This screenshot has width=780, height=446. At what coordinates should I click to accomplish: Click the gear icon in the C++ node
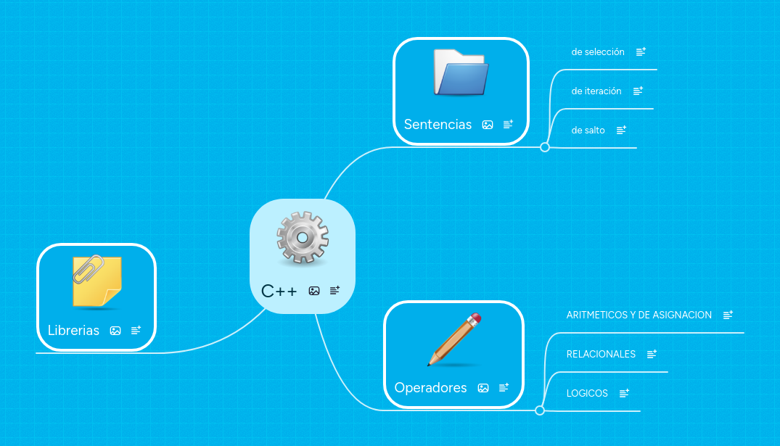pos(303,238)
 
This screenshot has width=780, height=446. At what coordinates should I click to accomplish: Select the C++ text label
pos(279,291)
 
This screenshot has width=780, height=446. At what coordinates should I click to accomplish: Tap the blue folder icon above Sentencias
pos(461,72)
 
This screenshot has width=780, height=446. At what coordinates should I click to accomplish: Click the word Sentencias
pos(438,124)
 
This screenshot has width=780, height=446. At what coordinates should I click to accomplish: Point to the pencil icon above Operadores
pos(455,339)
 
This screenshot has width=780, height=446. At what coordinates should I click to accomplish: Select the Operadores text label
pos(430,388)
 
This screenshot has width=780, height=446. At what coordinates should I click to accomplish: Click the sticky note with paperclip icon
pos(97,281)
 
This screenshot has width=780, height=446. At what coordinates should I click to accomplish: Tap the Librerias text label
pos(73,331)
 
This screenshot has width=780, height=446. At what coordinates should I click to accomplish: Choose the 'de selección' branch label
pos(598,52)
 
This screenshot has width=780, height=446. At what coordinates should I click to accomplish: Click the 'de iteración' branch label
pos(596,91)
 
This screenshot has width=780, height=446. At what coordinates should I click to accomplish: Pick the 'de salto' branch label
pos(588,131)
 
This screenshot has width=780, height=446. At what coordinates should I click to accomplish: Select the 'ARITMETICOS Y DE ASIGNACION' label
pos(639,315)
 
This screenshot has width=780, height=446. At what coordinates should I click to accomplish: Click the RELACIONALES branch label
pos(601,354)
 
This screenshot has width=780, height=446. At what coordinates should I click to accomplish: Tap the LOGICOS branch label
pos(587,393)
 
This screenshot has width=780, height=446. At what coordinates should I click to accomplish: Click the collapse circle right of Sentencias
pos(545,147)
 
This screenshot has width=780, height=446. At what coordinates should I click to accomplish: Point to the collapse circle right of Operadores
pos(540,410)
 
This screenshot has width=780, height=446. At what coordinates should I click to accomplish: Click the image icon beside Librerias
pos(115,331)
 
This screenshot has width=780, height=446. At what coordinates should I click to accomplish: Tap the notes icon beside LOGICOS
pos(624,393)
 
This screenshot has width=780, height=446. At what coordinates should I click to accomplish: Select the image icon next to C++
pos(314,291)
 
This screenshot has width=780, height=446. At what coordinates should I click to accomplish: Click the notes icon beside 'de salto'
pos(621,131)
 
